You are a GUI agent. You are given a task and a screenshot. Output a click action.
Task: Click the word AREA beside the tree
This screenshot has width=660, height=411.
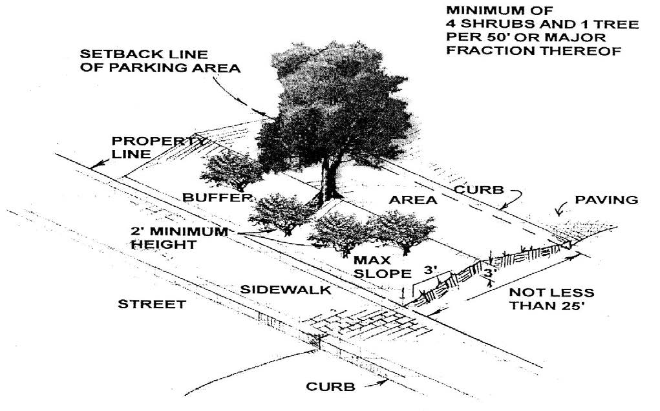(x=413, y=200)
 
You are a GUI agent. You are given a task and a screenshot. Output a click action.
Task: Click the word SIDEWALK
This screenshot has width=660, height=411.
(x=286, y=291)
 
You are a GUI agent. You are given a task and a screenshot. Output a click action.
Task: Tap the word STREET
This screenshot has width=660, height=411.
(x=152, y=304)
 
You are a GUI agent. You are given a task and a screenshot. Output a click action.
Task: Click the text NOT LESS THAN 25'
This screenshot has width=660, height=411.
(x=551, y=299)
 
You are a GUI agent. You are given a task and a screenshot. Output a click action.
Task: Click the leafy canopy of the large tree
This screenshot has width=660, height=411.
(x=330, y=103)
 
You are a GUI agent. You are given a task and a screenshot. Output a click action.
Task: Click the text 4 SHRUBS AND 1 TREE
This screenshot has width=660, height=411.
(x=542, y=24)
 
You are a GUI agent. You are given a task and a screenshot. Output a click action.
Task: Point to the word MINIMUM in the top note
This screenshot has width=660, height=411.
(x=489, y=10)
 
